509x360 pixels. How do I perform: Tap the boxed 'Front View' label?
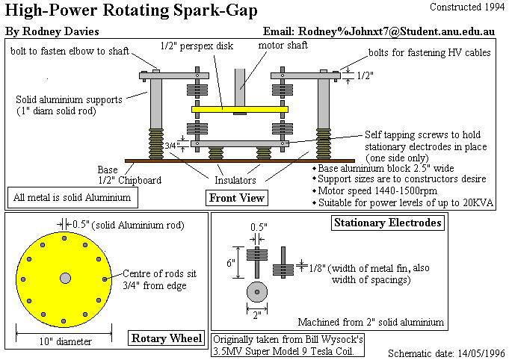click(x=236, y=197)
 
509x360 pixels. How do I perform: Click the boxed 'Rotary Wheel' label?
click(x=166, y=338)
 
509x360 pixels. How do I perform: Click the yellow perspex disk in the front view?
click(x=240, y=109)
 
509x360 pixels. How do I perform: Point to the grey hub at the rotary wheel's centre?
click(x=65, y=278)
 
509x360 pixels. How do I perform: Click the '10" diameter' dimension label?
click(x=64, y=341)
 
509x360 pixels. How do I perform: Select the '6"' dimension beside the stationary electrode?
click(x=232, y=263)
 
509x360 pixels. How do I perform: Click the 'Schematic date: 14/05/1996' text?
click(x=445, y=352)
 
